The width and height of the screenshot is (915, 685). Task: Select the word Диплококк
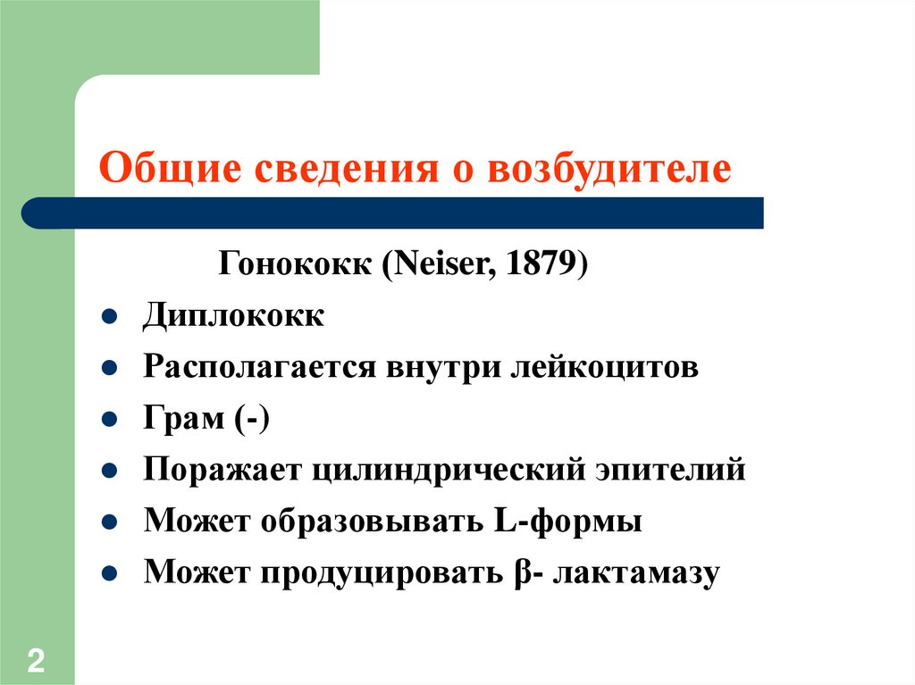[234, 317]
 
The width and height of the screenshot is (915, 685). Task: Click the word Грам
[181, 420]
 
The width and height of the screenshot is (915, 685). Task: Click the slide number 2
[37, 662]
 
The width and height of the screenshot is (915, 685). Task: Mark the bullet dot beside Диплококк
[106, 318]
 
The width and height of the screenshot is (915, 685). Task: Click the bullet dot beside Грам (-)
[106, 421]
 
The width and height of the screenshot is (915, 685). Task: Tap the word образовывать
[373, 522]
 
